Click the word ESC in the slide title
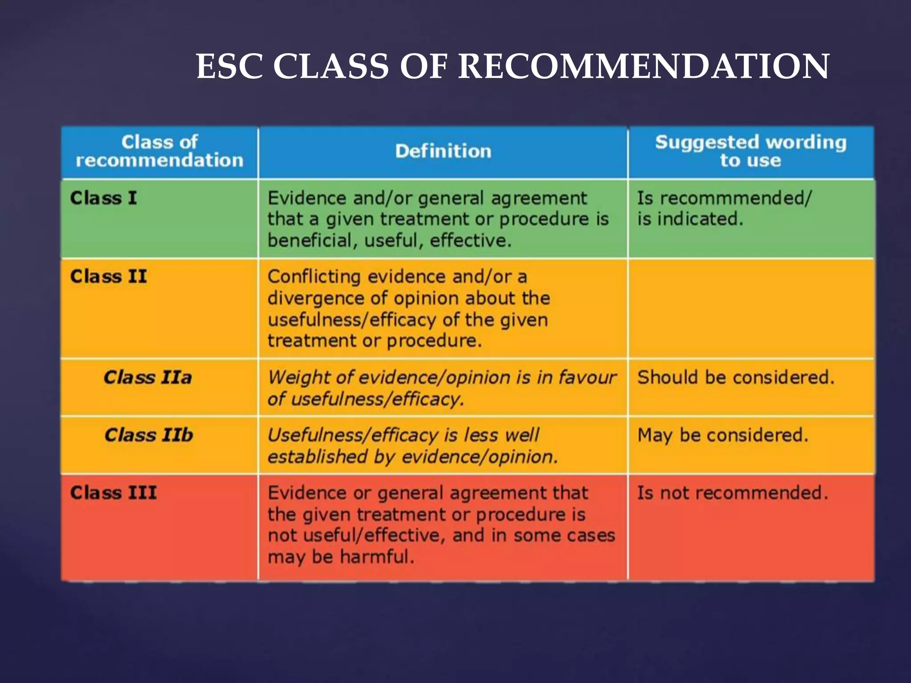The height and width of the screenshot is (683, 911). point(230,67)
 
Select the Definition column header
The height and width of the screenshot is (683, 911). point(443,151)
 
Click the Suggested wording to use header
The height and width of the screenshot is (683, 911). point(750,151)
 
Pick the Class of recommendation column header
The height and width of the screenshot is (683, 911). point(159,151)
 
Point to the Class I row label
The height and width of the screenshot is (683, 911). point(103,198)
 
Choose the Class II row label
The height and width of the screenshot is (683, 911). point(108,277)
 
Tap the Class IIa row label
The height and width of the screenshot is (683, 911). point(148,378)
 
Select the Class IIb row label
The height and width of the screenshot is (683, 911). point(149,435)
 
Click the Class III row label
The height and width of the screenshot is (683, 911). point(113,493)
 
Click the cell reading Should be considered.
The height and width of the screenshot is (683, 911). point(736,378)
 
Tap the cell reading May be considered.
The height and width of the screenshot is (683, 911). point(723,435)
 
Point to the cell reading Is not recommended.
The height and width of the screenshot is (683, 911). point(733,493)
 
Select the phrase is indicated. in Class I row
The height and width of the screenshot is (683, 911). point(690,219)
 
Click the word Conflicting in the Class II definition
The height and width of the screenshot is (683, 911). point(314,277)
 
